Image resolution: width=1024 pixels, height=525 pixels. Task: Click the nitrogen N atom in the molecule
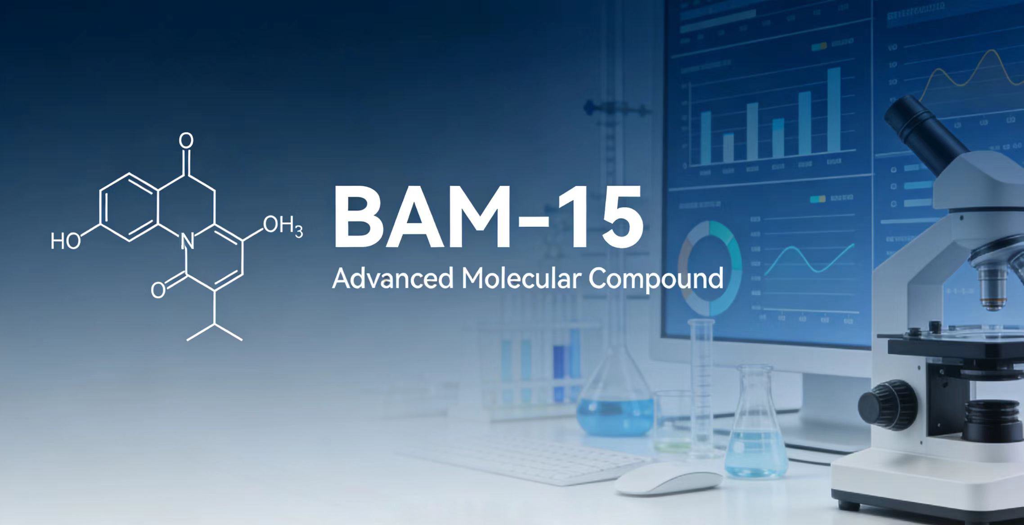tap(187, 242)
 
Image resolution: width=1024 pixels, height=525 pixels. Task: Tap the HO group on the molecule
tap(66, 241)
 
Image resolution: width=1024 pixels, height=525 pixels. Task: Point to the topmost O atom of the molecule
tap(186, 140)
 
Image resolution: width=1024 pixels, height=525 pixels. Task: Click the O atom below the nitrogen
tap(158, 290)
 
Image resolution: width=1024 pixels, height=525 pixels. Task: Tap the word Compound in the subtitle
tap(656, 280)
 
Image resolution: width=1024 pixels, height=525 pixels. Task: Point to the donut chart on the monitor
tap(710, 268)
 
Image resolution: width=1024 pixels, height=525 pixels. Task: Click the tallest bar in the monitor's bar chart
tap(834, 115)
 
